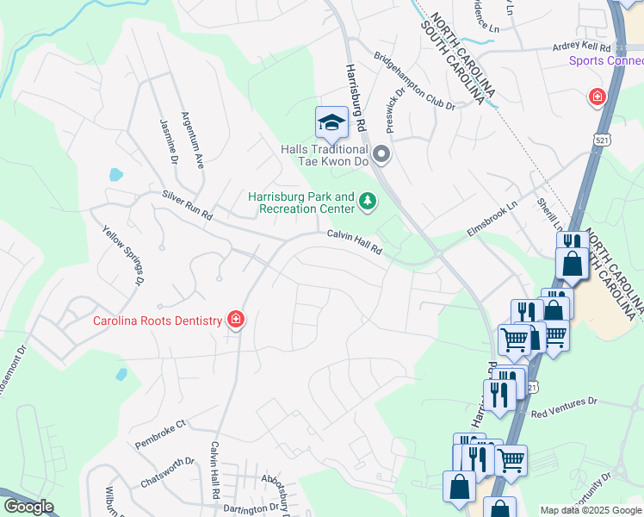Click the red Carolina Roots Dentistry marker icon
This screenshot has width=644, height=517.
[236, 321]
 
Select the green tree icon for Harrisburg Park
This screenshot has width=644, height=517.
[368, 202]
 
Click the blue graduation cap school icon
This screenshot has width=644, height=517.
[331, 123]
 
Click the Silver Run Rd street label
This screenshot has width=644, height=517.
[187, 206]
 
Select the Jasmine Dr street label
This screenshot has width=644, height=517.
[169, 142]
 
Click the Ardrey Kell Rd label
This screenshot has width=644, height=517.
[581, 47]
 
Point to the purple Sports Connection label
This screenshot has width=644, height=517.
[605, 60]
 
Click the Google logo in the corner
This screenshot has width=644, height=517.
[28, 507]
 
